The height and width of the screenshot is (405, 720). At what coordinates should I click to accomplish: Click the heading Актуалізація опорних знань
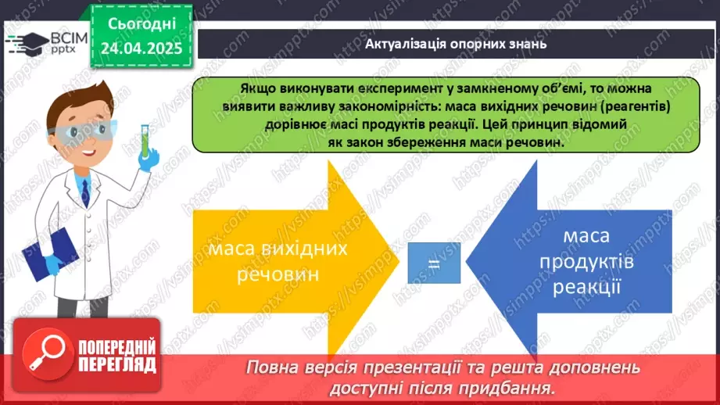(x=455, y=43)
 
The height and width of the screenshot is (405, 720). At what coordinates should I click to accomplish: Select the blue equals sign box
(x=434, y=263)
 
